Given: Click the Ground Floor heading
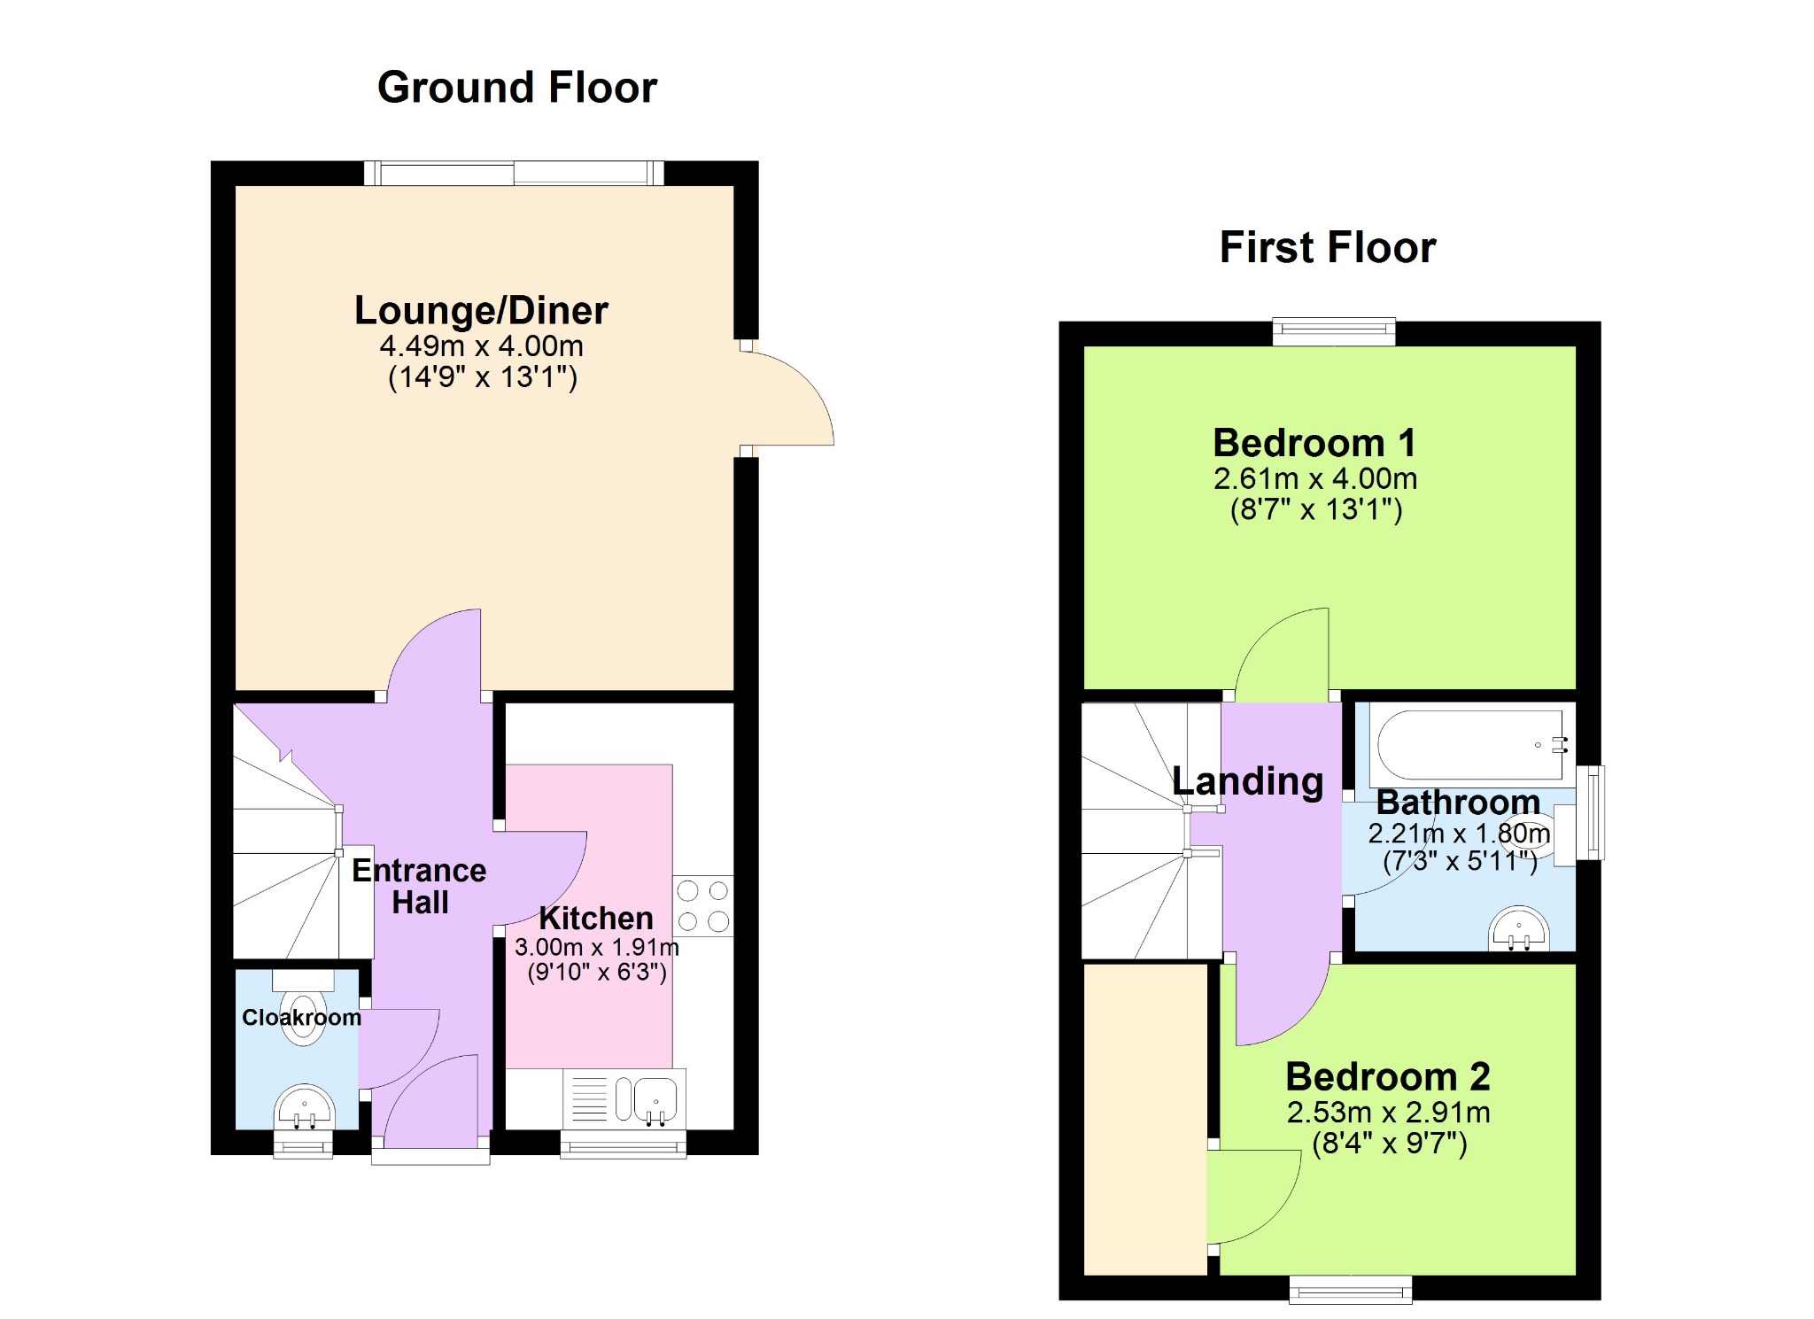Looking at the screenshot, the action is coord(517,88).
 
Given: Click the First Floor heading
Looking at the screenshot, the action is coord(1328,247).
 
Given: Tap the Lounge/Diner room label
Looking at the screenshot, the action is coord(481,311).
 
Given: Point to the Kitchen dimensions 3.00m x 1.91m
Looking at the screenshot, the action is coord(597,947).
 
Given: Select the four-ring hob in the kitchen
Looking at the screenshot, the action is coord(703,905).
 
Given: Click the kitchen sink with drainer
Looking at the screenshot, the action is coord(624,1098).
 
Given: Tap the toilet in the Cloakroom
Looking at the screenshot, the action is coord(303,1007).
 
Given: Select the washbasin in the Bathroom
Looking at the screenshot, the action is coord(1519,928).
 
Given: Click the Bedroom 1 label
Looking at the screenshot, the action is coord(1314,443).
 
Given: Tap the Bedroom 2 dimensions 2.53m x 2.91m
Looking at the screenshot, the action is coord(1388,1113).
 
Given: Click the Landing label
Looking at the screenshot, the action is coord(1247,781).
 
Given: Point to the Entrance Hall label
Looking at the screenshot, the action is coord(419,887).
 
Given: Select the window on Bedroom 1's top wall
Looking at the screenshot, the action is coord(1334,332).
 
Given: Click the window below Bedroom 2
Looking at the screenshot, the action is coord(1351,1290).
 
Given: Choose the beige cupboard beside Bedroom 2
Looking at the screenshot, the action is coord(1145,1120).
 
